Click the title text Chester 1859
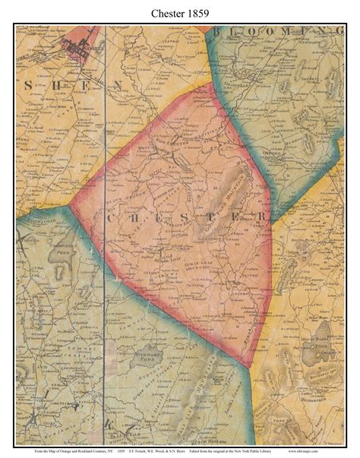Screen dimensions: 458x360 [180, 11]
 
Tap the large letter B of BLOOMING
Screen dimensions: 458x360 [219, 31]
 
